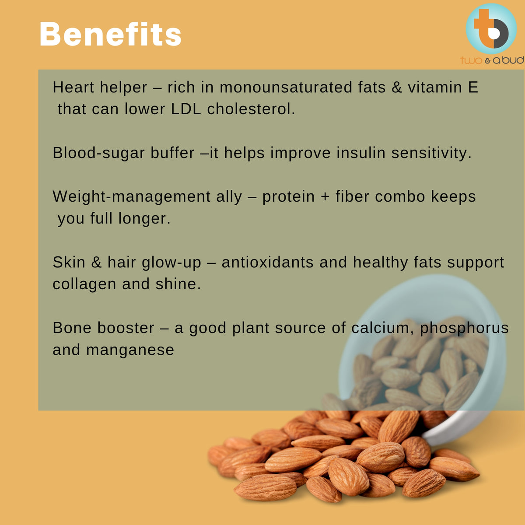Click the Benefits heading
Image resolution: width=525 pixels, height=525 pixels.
tap(110, 34)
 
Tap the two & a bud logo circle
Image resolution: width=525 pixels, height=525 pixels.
tap(491, 29)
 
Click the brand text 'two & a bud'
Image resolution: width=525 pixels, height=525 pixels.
tap(492, 60)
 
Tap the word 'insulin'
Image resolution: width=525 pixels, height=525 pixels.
tap(361, 153)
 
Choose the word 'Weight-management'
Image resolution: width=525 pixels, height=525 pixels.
tap(132, 197)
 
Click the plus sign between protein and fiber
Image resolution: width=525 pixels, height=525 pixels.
tap(325, 197)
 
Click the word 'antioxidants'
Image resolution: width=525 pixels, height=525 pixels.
tap(268, 262)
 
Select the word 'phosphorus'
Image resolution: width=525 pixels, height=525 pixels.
tap(464, 329)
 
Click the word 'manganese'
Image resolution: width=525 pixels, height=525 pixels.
tap(130, 350)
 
